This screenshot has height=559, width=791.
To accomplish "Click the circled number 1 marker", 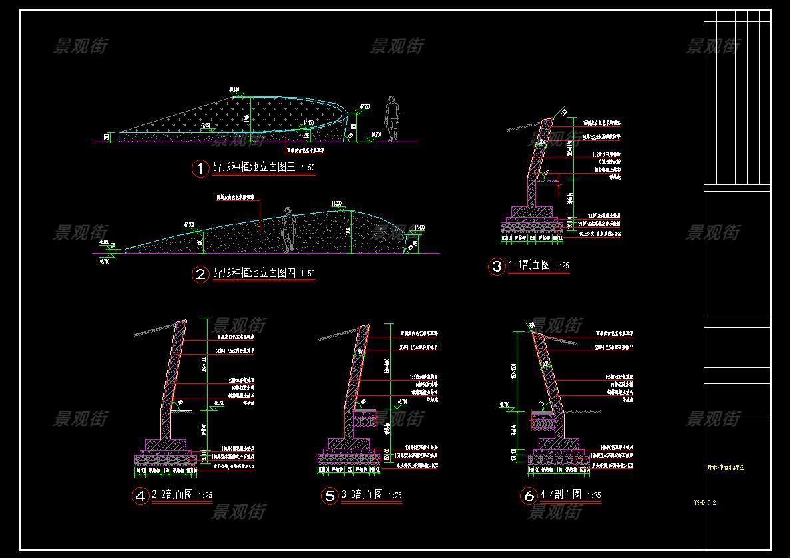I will pos(200,168).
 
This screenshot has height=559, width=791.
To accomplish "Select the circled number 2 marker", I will pos(200,274).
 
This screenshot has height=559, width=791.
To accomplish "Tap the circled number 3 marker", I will pos(497,266).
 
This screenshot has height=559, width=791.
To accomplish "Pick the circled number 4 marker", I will pos(140,496).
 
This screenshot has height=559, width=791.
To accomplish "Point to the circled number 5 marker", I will pos(330,496).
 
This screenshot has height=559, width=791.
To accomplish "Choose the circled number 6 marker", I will pos(529,496).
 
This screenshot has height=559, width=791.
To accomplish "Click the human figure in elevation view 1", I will pos(392,118).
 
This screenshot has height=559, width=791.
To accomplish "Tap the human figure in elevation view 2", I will pos(288,230).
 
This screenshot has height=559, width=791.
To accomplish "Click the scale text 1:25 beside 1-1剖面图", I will pos(561,266).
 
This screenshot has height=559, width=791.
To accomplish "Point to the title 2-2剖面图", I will pos(172,495).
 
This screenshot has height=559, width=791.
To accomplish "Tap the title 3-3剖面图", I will pos(362,495).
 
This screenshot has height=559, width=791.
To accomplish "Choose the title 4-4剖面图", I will pos(561,495).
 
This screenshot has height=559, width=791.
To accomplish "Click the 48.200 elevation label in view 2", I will pos(336,203).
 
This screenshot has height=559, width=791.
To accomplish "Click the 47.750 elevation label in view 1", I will pos(364,106).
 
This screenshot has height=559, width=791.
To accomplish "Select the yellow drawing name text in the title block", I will pos(726,468).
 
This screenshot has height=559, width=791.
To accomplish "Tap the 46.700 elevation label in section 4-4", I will pos(504,404).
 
